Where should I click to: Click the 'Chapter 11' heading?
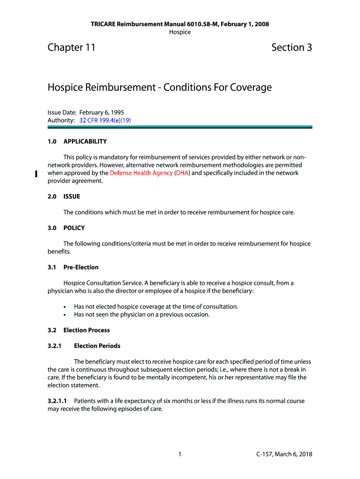(x=72, y=47)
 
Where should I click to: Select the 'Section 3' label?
(x=291, y=47)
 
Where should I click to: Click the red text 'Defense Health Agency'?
(x=141, y=173)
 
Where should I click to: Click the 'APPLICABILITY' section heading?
(x=85, y=141)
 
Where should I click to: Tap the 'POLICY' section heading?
(x=74, y=228)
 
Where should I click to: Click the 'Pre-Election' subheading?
(x=81, y=267)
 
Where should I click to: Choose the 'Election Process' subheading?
(x=86, y=330)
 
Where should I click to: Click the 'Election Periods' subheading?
(x=97, y=346)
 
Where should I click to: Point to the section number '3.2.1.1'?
(x=57, y=401)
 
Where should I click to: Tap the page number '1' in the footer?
(x=180, y=454)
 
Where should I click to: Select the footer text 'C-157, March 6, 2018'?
(x=284, y=454)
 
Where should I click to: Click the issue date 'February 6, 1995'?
(x=101, y=112)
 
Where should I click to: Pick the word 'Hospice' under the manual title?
(x=180, y=32)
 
